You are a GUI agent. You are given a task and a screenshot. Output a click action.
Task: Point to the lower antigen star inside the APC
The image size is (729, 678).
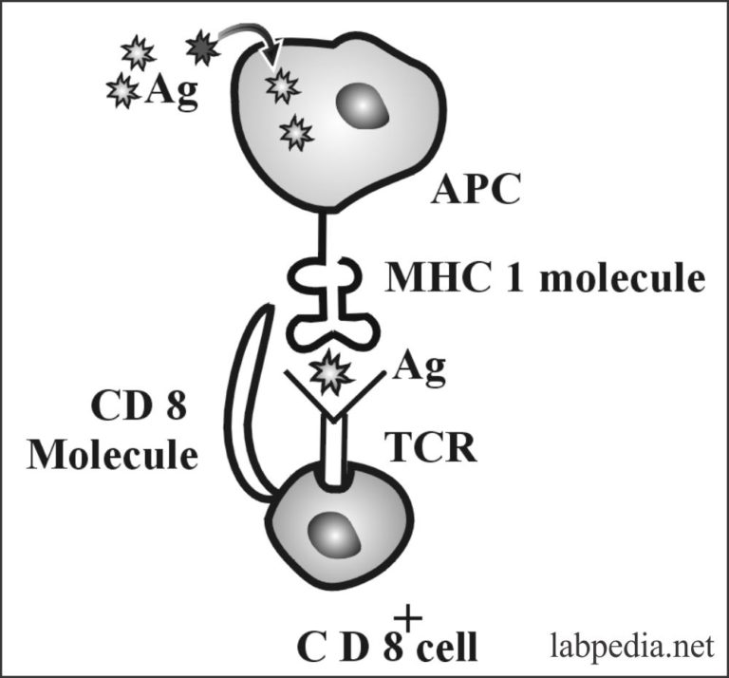(x=297, y=132)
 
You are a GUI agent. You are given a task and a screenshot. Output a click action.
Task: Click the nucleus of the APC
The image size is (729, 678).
(x=364, y=107)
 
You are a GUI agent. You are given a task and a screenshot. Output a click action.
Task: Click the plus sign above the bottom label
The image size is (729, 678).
(x=409, y=618)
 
